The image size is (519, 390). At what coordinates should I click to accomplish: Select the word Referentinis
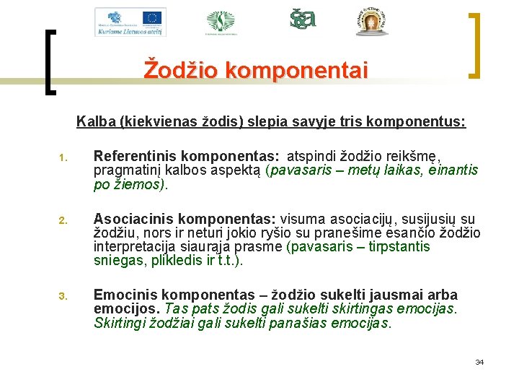(137, 156)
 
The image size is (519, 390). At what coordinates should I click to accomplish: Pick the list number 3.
(63, 295)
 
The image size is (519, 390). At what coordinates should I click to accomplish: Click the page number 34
(479, 362)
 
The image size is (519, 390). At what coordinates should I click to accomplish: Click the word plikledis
(175, 260)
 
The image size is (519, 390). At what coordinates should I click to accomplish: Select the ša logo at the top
(303, 19)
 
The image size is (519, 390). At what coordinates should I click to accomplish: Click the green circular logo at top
(221, 21)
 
